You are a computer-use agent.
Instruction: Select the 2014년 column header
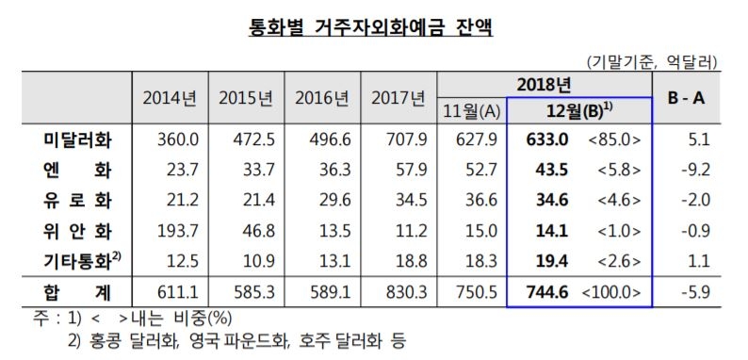point(170,98)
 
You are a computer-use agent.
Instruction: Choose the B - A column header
point(693,98)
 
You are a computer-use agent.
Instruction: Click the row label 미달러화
point(78,141)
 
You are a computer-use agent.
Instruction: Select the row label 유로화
point(78,199)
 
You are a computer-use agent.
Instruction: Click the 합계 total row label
point(78,289)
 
